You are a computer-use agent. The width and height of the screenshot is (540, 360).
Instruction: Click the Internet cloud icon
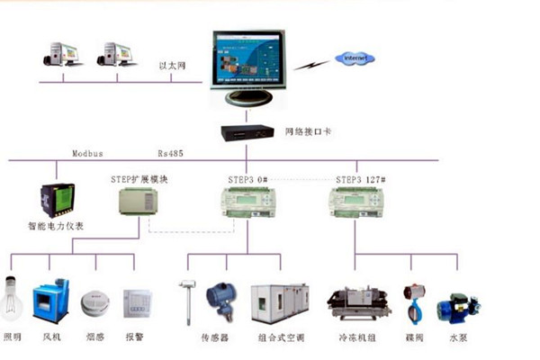coord(354,58)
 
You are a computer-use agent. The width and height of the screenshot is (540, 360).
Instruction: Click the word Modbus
coord(87,154)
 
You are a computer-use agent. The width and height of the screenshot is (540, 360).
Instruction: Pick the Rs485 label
coord(171,154)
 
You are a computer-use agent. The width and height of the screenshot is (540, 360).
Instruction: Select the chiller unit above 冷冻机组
coord(358,304)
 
